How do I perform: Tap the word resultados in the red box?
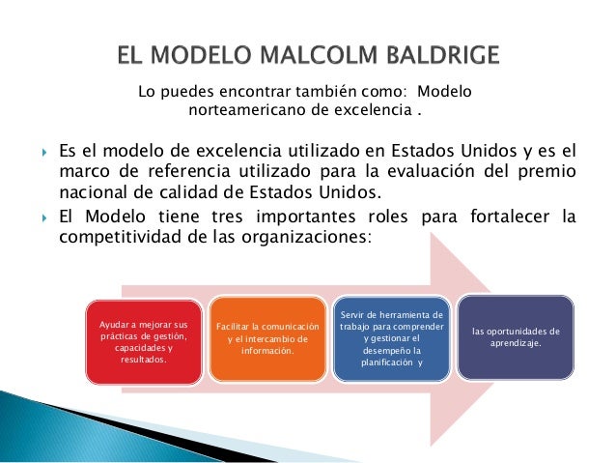(142, 359)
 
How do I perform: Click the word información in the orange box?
(266, 350)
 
